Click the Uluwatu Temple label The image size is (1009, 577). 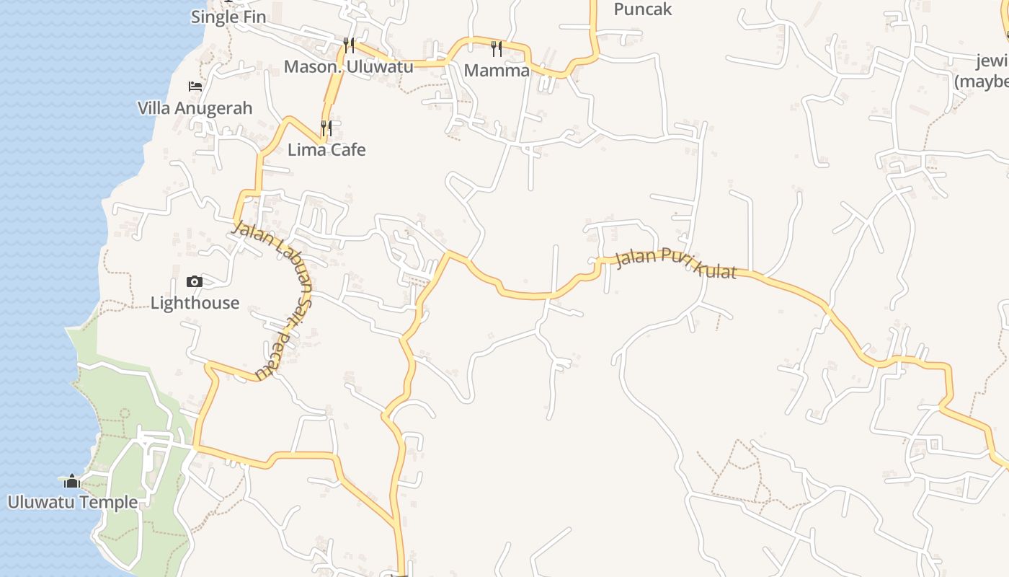(x=72, y=502)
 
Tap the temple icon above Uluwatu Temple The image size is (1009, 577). (x=72, y=481)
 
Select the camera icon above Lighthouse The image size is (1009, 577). (x=195, y=281)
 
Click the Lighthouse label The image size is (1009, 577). (x=195, y=303)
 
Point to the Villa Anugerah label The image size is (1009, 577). (x=195, y=108)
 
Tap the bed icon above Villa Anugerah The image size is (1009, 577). (x=195, y=87)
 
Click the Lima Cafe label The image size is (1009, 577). (x=326, y=150)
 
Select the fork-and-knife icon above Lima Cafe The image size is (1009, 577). (x=326, y=128)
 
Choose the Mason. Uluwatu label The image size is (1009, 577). (x=348, y=67)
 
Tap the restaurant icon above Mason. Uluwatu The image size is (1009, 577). (x=349, y=45)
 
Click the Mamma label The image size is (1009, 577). (x=497, y=70)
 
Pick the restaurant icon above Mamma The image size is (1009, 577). (x=497, y=48)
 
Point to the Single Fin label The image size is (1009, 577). (x=228, y=17)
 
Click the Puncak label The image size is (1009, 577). (x=643, y=9)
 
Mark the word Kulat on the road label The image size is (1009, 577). (x=714, y=270)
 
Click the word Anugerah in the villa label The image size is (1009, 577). (x=215, y=108)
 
